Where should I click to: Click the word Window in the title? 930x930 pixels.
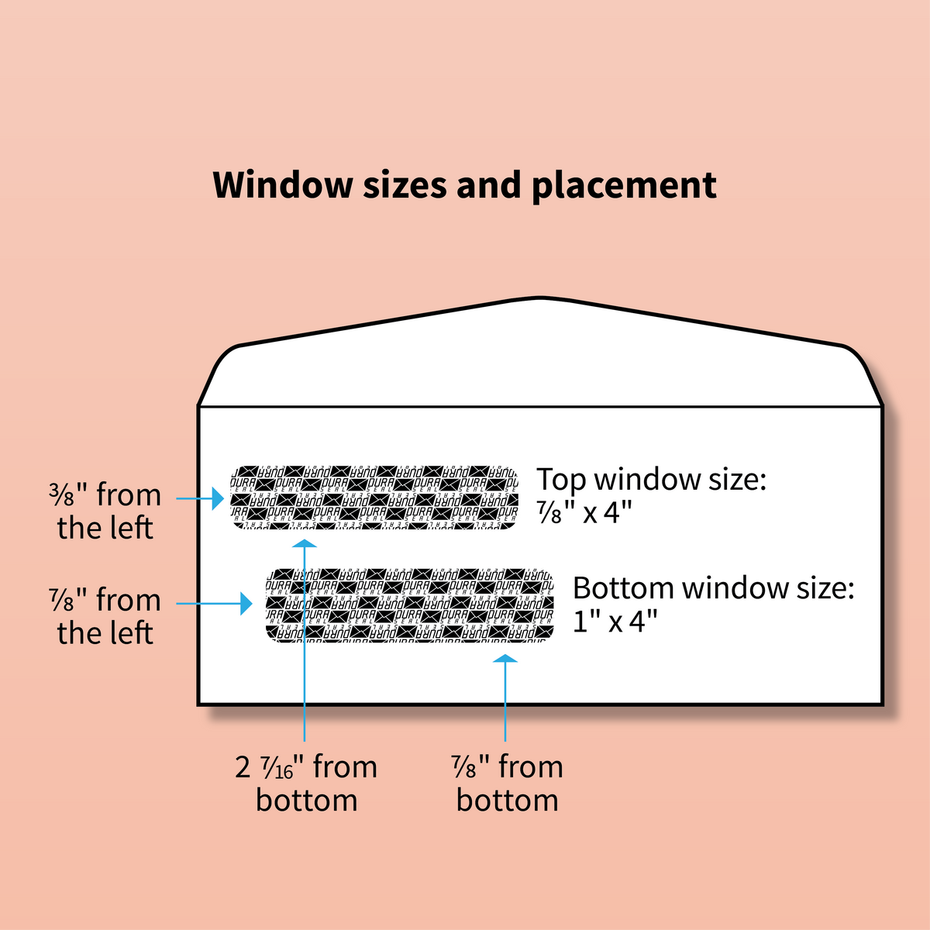[x=283, y=185]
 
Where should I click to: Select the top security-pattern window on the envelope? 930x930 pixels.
[x=375, y=497]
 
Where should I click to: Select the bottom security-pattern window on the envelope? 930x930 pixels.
[x=409, y=605]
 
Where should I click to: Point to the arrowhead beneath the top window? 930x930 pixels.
[x=305, y=543]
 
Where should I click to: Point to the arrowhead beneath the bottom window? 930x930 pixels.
[x=505, y=660]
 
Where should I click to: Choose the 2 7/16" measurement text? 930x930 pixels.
[x=271, y=767]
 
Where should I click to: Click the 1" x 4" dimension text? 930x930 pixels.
[x=615, y=621]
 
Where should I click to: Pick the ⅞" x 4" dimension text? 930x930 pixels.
[x=584, y=512]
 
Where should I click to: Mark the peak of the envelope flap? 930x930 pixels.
[x=539, y=298]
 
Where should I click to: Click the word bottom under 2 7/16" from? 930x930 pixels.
[x=307, y=801]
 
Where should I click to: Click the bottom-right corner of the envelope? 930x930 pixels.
[x=882, y=704]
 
